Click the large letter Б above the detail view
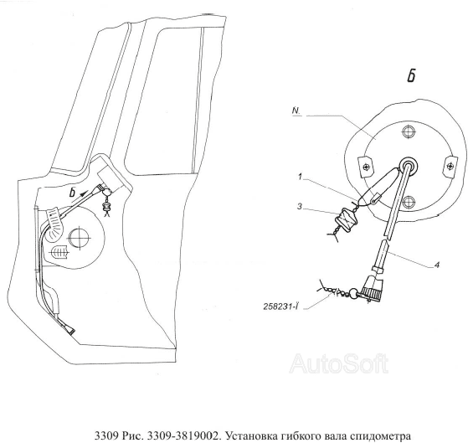(411, 75)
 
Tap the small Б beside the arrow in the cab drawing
(72, 193)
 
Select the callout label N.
(296, 111)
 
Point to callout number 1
(300, 177)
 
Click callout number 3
(300, 207)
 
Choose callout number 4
(436, 265)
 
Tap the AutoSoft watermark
(339, 363)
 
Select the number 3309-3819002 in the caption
(183, 436)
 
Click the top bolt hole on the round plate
(409, 131)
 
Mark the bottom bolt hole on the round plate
(409, 201)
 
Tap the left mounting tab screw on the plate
(366, 167)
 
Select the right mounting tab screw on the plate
(450, 166)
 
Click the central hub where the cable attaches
(409, 165)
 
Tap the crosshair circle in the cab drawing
(80, 238)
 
